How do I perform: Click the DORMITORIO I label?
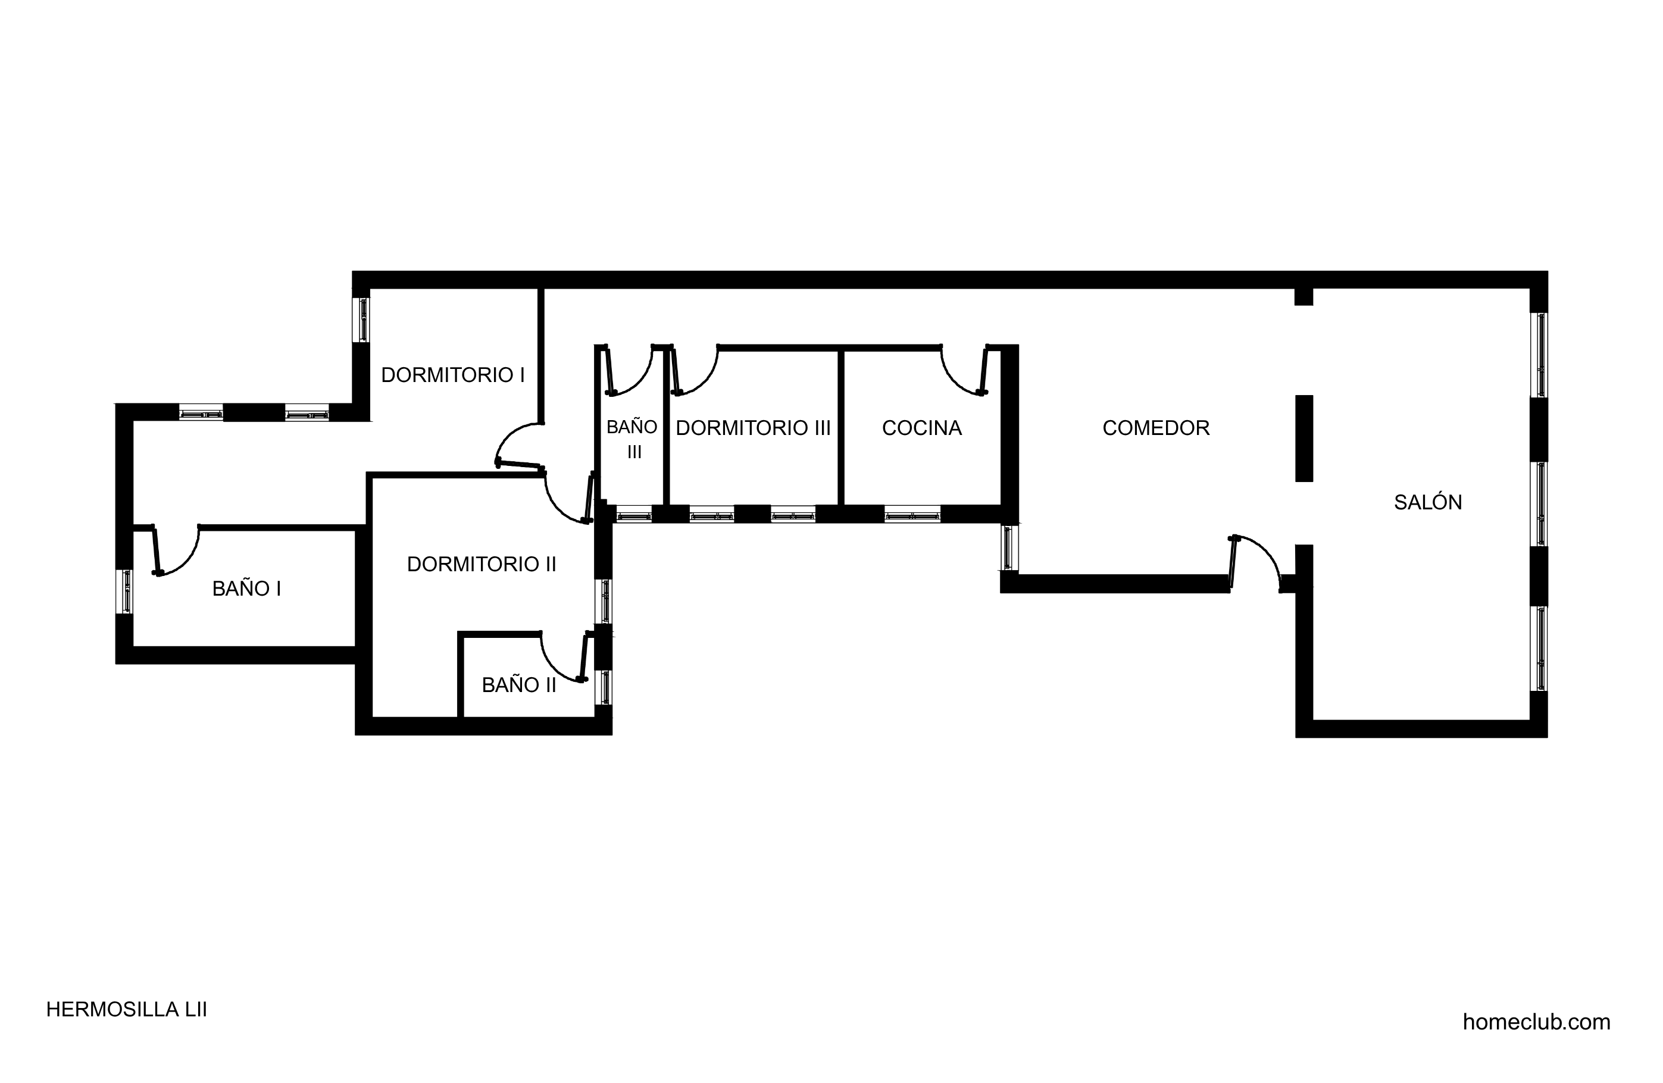click(453, 375)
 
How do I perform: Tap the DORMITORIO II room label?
click(482, 564)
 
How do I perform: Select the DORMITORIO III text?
click(754, 428)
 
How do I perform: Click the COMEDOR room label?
click(1156, 428)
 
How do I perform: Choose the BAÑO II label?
click(519, 685)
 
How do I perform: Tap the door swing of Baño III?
click(641, 380)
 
